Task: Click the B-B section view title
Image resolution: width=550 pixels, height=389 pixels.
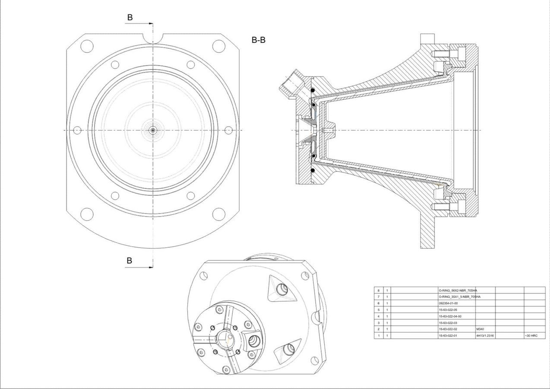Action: (259, 41)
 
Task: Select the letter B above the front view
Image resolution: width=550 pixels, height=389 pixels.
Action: (130, 17)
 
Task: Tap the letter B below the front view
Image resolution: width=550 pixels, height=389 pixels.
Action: (130, 261)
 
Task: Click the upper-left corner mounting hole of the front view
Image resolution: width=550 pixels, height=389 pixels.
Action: (87, 45)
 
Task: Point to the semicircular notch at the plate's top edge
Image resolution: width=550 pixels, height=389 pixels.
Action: (153, 38)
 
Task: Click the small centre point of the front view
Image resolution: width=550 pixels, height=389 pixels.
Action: (153, 130)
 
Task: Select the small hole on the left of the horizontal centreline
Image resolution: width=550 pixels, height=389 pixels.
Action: (78, 130)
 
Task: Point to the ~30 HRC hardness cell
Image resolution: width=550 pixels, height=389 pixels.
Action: (531, 336)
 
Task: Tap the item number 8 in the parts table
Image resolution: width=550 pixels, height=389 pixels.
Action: (379, 290)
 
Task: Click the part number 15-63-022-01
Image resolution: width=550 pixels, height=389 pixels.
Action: (448, 336)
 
